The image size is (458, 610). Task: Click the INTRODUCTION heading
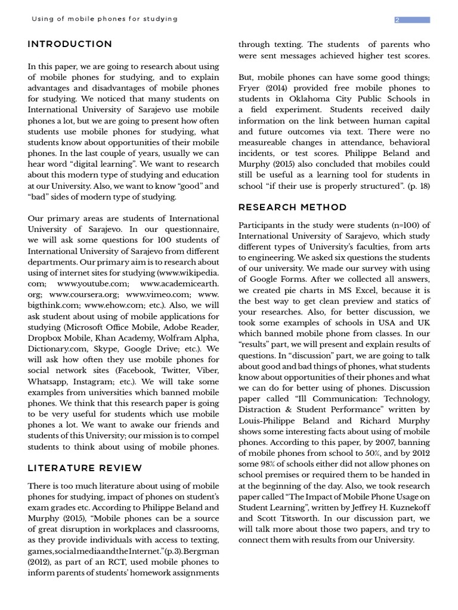coord(70,44)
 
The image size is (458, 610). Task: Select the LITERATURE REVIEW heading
coord(85,468)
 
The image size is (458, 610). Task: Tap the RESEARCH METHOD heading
coord(292,207)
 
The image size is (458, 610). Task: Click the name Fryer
coord(251,88)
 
